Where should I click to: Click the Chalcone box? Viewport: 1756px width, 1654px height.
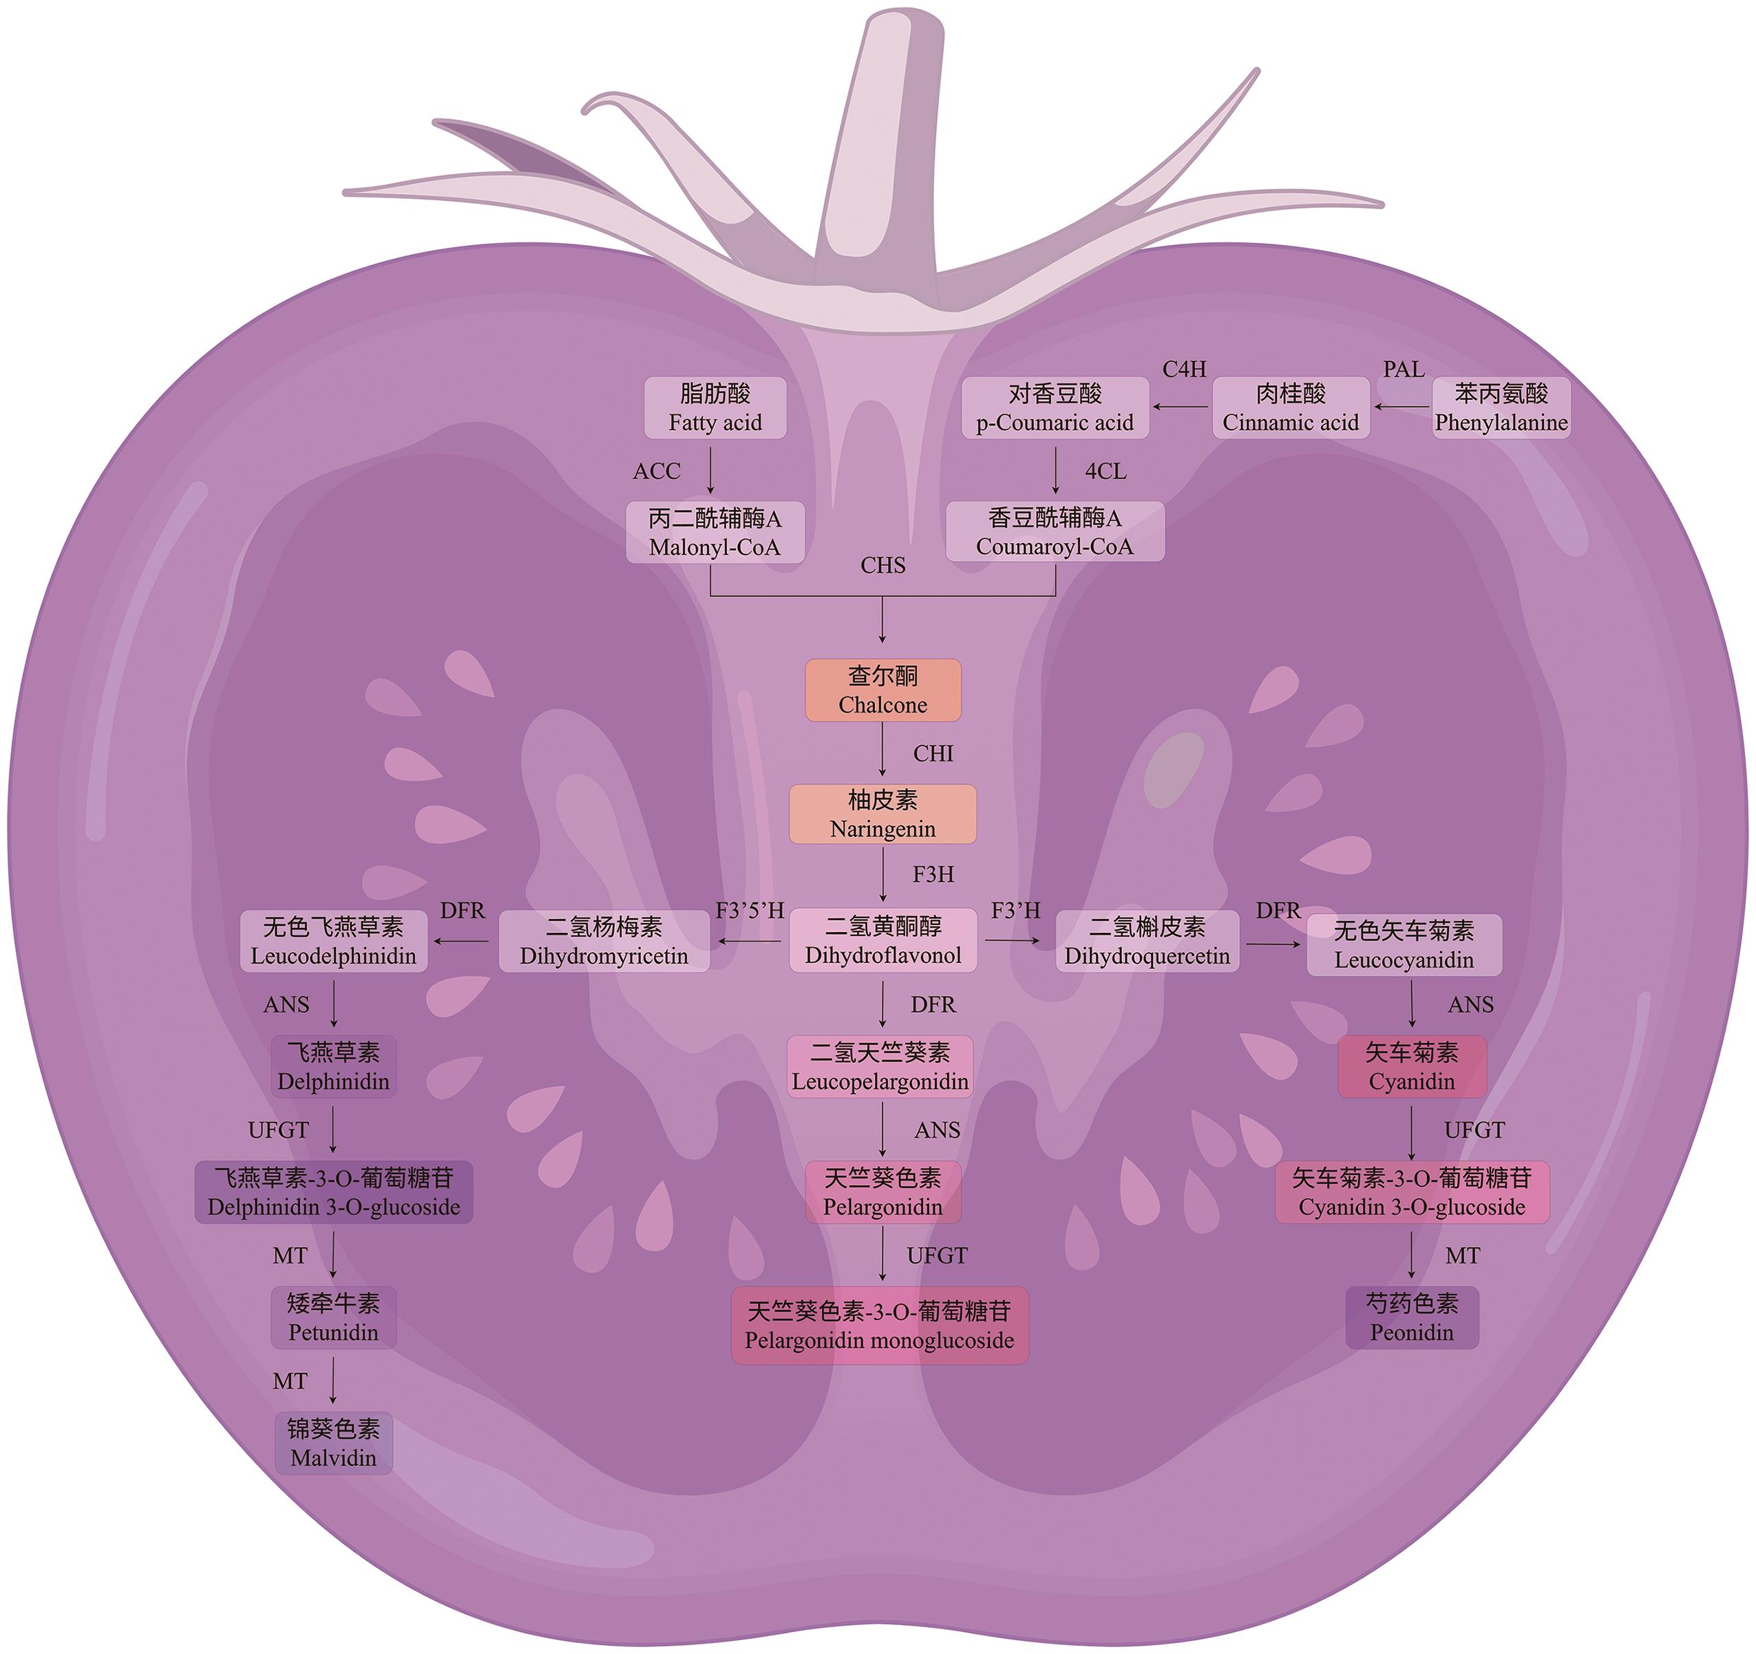coord(882,690)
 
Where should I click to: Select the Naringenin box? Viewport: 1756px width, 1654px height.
coord(882,814)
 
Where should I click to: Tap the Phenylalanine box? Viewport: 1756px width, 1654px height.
coord(1501,408)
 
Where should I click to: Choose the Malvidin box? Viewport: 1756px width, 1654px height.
coord(333,1443)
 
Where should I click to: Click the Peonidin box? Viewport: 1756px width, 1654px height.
coord(1412,1317)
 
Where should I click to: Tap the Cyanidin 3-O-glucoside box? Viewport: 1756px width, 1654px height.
coord(1412,1192)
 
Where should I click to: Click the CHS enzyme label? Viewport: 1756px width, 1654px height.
coord(882,565)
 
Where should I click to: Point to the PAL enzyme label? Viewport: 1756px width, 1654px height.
coord(1404,369)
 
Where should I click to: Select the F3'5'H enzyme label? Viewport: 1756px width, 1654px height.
coord(750,911)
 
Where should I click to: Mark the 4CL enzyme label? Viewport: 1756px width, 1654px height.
coord(1105,471)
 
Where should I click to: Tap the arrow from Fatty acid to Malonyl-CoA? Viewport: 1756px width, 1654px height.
coord(710,471)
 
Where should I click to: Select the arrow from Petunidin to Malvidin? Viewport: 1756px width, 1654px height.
coord(333,1380)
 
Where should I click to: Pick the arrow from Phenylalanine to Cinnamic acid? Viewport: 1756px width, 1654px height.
coord(1401,407)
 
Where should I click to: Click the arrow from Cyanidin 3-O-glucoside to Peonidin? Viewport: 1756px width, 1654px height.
coord(1412,1255)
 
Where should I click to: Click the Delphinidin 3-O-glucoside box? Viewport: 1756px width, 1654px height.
coord(334,1192)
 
